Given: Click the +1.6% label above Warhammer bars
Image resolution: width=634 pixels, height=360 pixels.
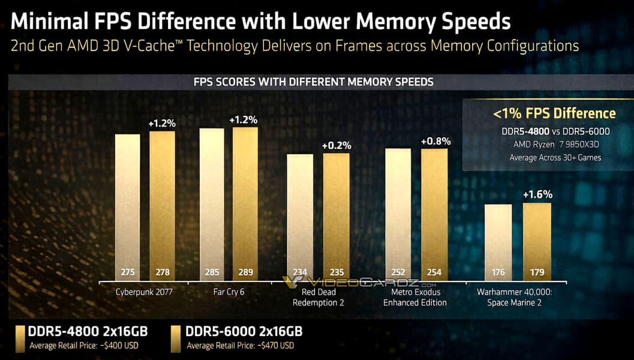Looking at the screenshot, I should pos(537,194).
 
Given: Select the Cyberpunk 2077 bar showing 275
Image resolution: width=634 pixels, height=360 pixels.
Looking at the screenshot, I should pos(127,204).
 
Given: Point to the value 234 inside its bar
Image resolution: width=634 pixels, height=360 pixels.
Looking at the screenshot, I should pos(299,272).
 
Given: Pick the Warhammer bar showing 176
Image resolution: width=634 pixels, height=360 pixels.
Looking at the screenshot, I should pos(498,240).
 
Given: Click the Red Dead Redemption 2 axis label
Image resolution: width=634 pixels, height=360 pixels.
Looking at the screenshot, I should pos(318,297).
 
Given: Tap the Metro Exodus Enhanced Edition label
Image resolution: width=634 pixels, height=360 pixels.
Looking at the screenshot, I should pos(415,297).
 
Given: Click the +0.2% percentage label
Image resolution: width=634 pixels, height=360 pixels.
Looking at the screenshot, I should pos(336,145).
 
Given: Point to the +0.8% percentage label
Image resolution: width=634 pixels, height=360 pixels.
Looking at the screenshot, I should pos(435,142).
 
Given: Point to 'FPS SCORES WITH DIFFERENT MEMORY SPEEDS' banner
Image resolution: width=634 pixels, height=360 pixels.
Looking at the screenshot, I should pos(313,81).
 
